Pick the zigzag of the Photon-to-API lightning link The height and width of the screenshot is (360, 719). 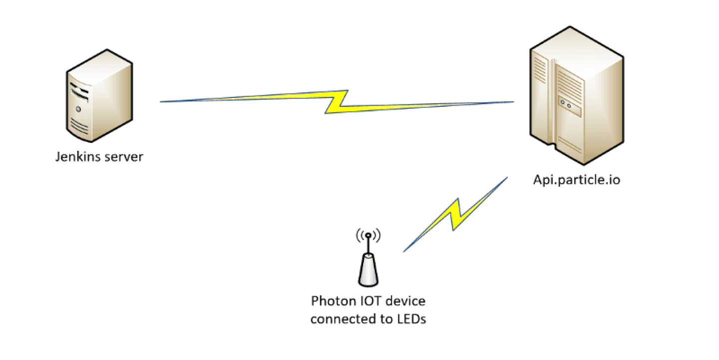[x=454, y=215]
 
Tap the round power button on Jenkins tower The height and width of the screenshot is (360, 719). [x=78, y=109]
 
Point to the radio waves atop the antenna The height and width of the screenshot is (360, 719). [x=368, y=235]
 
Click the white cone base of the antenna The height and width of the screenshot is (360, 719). [x=368, y=270]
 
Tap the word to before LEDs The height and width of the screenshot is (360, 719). [x=385, y=319]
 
